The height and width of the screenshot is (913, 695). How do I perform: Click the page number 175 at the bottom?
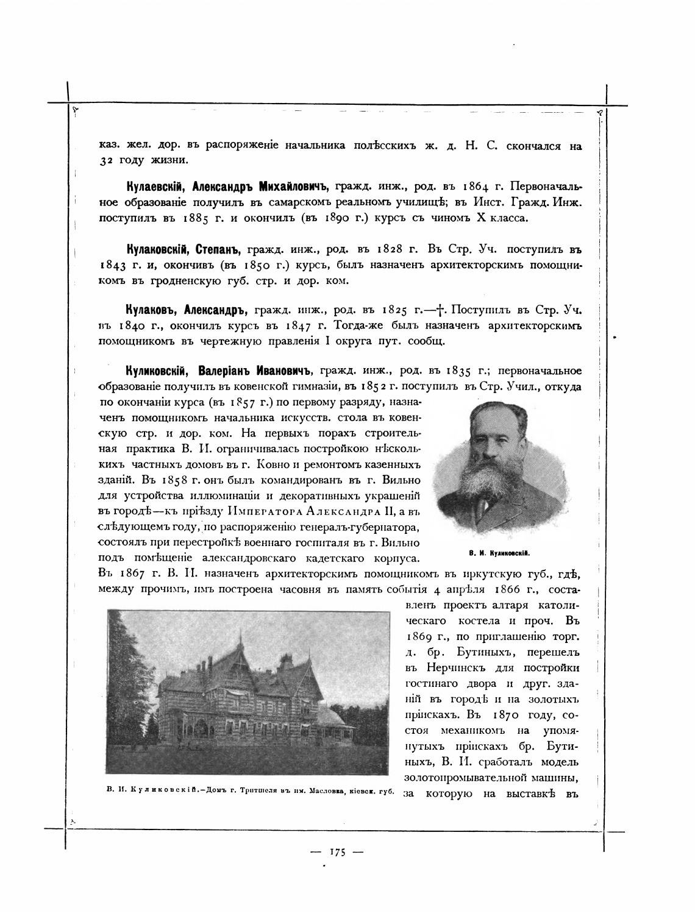337,852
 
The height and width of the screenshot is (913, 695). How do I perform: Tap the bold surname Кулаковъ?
148,309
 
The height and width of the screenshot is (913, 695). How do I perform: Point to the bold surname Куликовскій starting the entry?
158,371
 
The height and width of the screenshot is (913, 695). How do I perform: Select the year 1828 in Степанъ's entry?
388,250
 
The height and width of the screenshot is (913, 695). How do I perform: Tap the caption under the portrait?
499,553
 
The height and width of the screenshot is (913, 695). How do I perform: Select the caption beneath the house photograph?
250,792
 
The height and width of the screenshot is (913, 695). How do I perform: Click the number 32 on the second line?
107,161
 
